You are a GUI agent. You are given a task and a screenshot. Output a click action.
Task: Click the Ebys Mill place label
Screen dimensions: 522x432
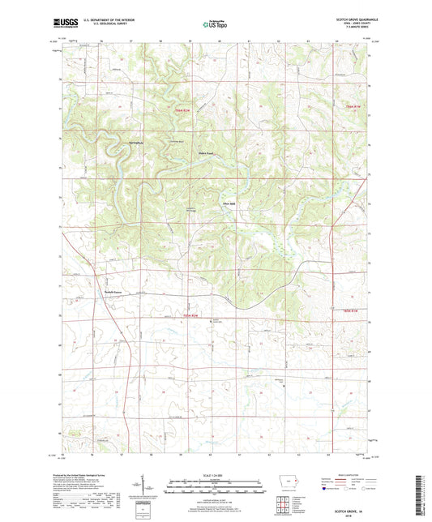pos(229,203)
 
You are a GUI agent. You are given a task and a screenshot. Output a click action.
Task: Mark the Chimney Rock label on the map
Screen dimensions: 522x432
pos(175,141)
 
